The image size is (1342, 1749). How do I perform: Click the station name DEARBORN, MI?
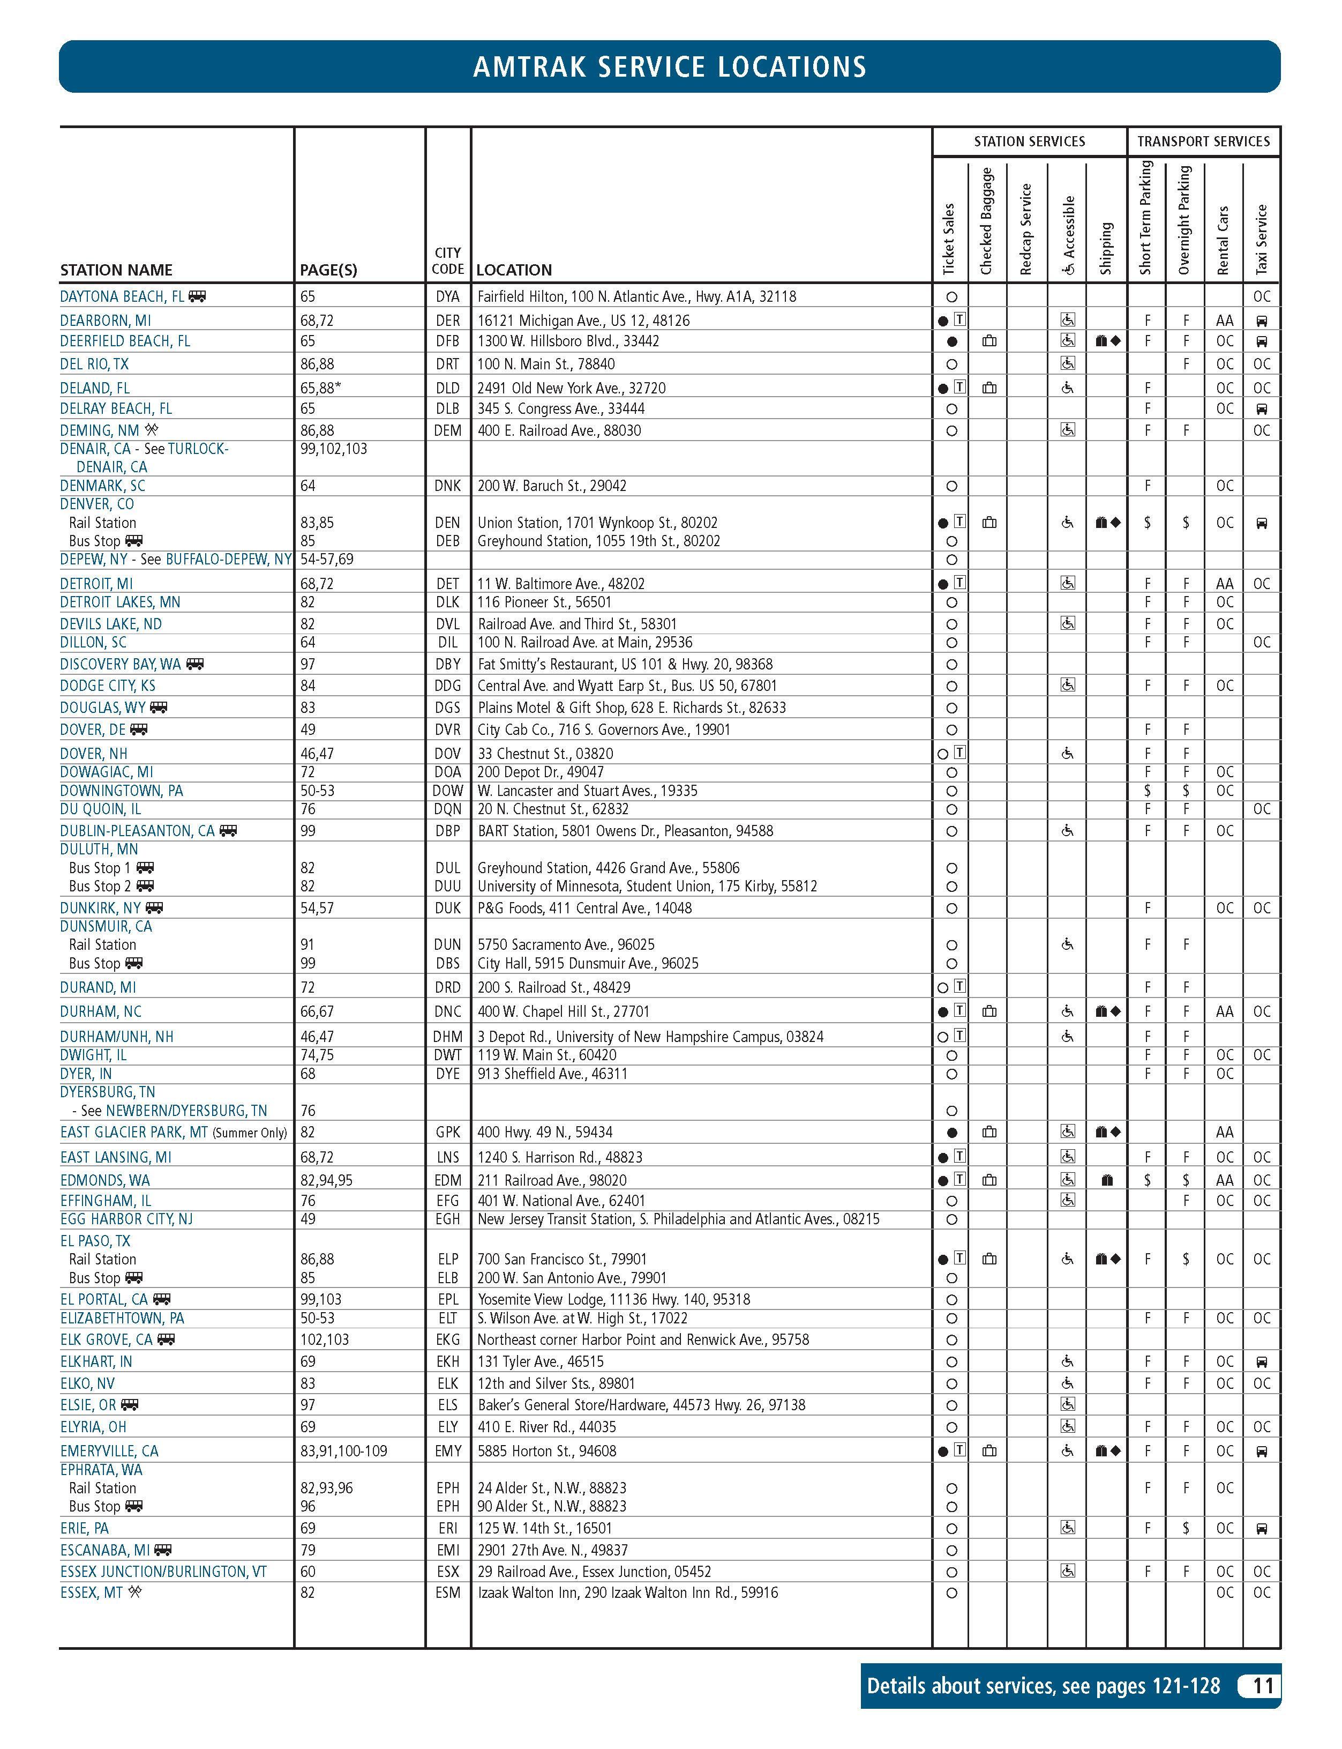[106, 321]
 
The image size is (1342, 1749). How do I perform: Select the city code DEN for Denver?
[447, 523]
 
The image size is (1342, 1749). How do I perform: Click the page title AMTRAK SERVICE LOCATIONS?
[670, 67]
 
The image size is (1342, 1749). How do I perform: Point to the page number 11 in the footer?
[1262, 1686]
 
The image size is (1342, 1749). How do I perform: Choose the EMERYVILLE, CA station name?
[109, 1451]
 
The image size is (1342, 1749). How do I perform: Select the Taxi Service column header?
[1262, 240]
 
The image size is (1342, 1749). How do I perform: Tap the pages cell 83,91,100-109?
[343, 1451]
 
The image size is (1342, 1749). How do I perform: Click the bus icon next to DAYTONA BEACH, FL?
[197, 296]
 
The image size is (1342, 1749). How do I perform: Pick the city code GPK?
[447, 1132]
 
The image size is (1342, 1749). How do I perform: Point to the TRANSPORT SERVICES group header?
[1203, 142]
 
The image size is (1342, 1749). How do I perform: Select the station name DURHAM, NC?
[101, 1011]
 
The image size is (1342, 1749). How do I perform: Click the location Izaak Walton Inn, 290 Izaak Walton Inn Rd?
[627, 1592]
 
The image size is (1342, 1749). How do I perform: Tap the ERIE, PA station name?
[85, 1529]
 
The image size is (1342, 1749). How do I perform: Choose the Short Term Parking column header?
[1147, 217]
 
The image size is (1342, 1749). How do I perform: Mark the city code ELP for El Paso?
[447, 1259]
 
